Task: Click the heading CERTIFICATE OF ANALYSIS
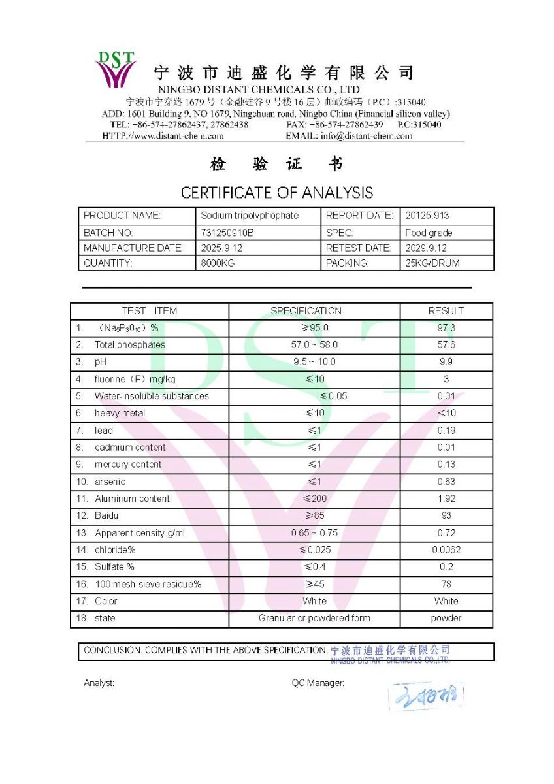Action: (x=277, y=193)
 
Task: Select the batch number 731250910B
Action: (x=227, y=233)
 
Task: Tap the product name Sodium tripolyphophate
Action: (x=250, y=216)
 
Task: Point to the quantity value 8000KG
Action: (x=218, y=263)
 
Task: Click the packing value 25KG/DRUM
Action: (x=432, y=263)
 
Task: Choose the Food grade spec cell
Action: (x=429, y=233)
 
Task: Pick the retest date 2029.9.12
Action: (x=426, y=248)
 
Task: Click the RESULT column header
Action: (x=446, y=311)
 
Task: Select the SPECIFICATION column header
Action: (x=306, y=311)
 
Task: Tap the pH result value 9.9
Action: (x=446, y=362)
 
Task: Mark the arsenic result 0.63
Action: (x=446, y=482)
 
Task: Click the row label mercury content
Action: (x=128, y=465)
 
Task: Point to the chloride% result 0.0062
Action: (x=446, y=550)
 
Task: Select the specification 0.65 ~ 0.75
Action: (x=314, y=533)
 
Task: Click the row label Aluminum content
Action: (x=132, y=498)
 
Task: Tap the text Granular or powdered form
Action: (x=314, y=618)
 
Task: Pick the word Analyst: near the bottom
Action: (x=99, y=683)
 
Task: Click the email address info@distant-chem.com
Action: (x=366, y=136)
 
